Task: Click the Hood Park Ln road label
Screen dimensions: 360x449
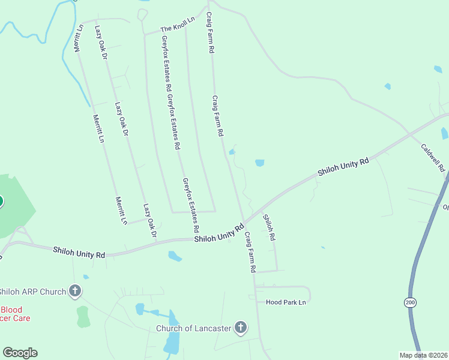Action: coord(286,302)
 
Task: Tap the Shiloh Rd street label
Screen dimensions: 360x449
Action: coord(269,228)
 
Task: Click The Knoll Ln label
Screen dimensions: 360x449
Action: coord(178,25)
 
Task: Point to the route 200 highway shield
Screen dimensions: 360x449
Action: coord(410,304)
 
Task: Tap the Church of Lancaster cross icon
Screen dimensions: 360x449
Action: coord(240,328)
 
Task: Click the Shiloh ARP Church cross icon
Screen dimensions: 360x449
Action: coord(75,292)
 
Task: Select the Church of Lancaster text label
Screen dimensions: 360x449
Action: coord(193,328)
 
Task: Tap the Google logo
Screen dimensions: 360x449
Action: coord(20,353)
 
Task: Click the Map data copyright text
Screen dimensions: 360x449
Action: coord(423,355)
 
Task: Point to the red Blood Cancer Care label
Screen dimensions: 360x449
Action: coord(15,314)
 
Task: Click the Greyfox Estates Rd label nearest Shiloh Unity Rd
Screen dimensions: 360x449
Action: coord(190,206)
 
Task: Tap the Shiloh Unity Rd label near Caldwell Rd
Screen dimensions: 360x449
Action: coord(343,167)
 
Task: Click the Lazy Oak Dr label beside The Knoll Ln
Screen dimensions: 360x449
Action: coord(100,41)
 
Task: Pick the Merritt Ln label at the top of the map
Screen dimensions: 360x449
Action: coord(78,38)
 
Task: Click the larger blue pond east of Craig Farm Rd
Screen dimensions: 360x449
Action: coord(260,163)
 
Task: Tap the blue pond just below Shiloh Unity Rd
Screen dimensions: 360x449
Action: coord(175,257)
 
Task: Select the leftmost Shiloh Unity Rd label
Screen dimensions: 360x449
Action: coord(79,252)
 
